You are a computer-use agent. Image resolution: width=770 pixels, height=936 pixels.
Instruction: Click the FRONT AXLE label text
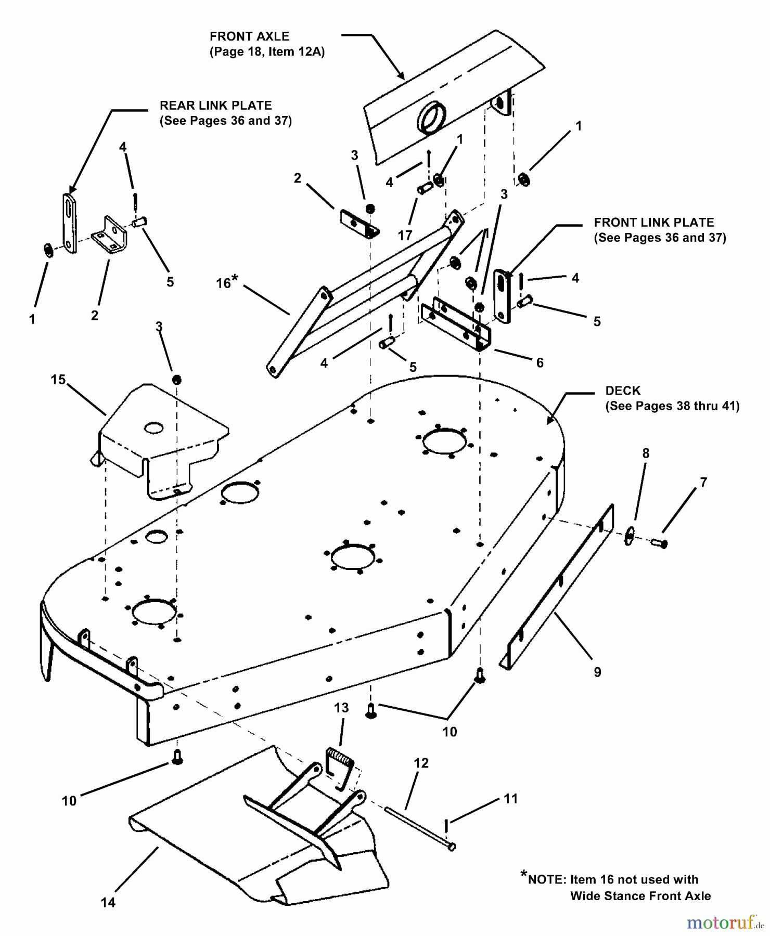tap(249, 37)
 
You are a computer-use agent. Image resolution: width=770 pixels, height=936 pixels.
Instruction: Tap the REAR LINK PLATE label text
tap(215, 106)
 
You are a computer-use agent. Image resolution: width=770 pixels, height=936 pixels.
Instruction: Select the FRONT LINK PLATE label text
tap(654, 223)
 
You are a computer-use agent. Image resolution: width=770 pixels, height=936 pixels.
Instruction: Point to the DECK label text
tap(623, 391)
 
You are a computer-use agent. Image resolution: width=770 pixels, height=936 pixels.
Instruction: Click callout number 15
tap(58, 380)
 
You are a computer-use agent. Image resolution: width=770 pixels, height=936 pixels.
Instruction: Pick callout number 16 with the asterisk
tap(226, 282)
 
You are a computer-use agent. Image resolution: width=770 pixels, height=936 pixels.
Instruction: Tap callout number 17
tap(405, 236)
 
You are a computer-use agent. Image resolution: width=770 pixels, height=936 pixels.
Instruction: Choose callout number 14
tap(108, 903)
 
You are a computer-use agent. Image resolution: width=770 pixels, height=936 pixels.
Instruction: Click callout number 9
tap(597, 672)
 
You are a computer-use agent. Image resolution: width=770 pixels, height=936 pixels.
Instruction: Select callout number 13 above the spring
tap(341, 708)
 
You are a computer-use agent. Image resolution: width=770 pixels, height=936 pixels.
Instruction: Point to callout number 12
tap(421, 763)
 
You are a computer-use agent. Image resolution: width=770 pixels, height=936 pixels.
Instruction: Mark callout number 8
tap(646, 453)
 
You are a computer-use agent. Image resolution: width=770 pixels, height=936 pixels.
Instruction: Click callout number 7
tap(703, 483)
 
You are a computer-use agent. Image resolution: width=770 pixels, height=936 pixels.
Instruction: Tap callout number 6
tap(540, 363)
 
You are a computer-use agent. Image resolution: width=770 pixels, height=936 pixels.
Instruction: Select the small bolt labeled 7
tap(659, 543)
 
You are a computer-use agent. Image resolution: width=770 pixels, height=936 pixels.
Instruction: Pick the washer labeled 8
tap(629, 535)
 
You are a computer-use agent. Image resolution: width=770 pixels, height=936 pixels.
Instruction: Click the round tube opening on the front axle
tap(430, 118)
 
